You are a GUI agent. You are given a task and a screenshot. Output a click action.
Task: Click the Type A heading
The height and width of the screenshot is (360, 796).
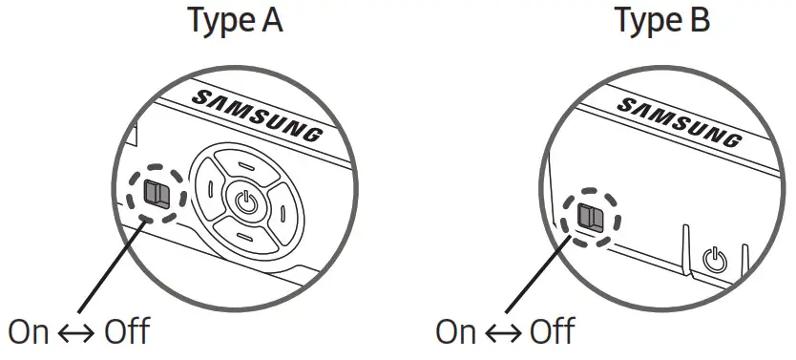click(x=234, y=20)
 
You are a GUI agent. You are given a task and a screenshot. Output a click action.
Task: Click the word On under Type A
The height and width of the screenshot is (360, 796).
click(x=30, y=332)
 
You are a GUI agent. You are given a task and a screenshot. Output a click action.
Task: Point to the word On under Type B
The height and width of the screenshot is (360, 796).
click(x=456, y=332)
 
